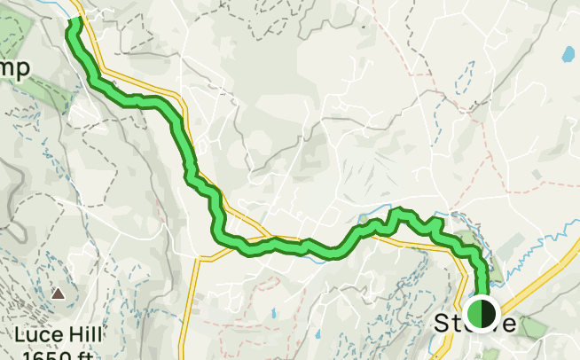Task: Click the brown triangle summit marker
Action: [x=59, y=293]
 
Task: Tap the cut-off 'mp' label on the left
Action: [x=15, y=69]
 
